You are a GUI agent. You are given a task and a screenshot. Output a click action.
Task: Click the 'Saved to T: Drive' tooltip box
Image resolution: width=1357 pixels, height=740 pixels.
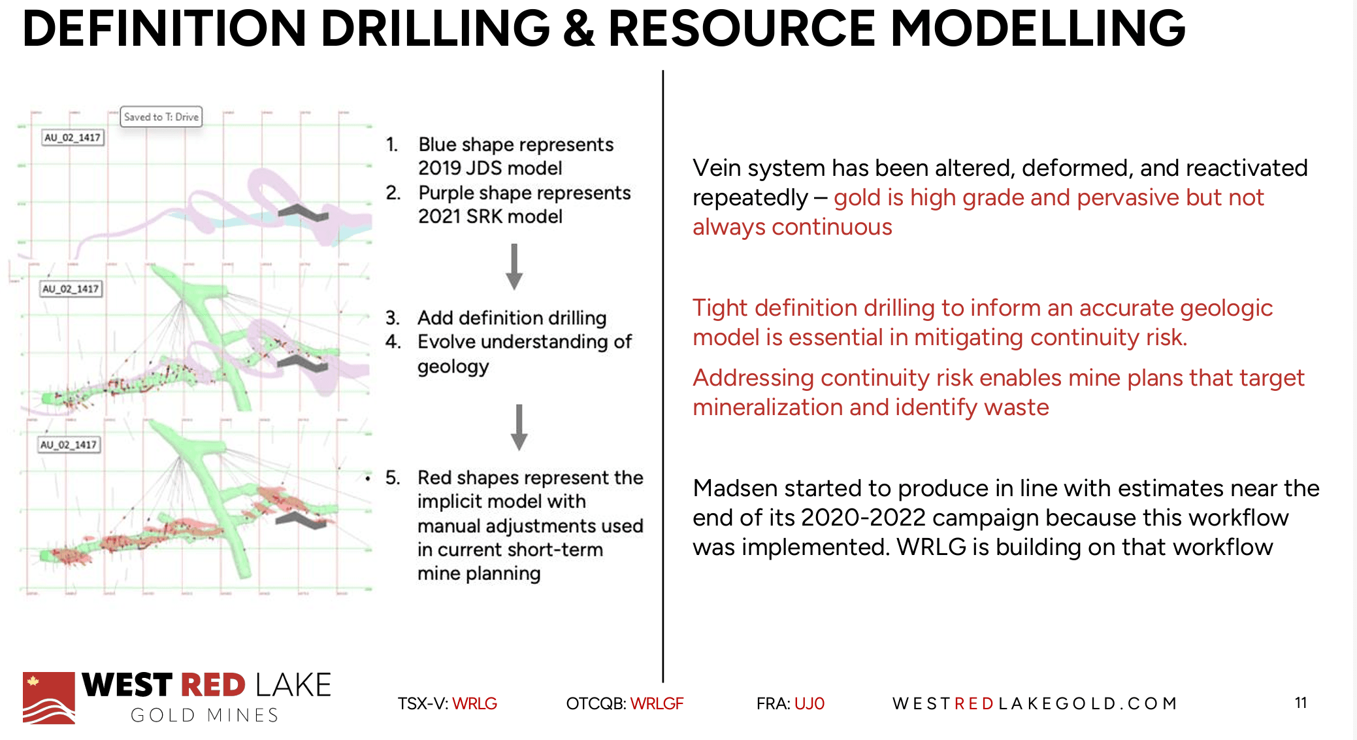point(161,117)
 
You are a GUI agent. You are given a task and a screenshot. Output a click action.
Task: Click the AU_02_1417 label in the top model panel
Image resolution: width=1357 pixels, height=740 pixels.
point(72,137)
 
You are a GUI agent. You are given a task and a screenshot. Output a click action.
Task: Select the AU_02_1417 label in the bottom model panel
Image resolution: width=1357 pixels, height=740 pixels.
point(68,445)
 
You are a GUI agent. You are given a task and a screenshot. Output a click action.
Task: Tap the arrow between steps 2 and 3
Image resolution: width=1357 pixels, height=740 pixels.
point(514,267)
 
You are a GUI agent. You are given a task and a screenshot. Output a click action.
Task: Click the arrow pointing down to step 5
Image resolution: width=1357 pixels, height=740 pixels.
point(519,427)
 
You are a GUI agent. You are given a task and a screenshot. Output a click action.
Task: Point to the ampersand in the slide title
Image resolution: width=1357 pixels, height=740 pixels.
point(578,30)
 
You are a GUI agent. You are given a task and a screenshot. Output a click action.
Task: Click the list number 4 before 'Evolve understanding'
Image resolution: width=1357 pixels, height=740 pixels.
point(392,341)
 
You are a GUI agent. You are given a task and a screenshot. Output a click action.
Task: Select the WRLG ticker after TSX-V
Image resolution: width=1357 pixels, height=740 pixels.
point(474,703)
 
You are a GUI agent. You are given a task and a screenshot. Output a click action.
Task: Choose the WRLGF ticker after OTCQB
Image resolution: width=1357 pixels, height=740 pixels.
point(657,703)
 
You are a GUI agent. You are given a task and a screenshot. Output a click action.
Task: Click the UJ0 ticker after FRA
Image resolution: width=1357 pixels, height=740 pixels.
point(809,703)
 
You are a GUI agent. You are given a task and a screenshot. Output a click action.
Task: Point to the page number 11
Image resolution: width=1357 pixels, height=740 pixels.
point(1300,703)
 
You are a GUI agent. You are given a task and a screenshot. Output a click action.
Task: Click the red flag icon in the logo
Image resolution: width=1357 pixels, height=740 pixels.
point(48,698)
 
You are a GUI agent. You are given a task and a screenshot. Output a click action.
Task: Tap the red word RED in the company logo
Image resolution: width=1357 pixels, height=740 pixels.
point(212,685)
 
